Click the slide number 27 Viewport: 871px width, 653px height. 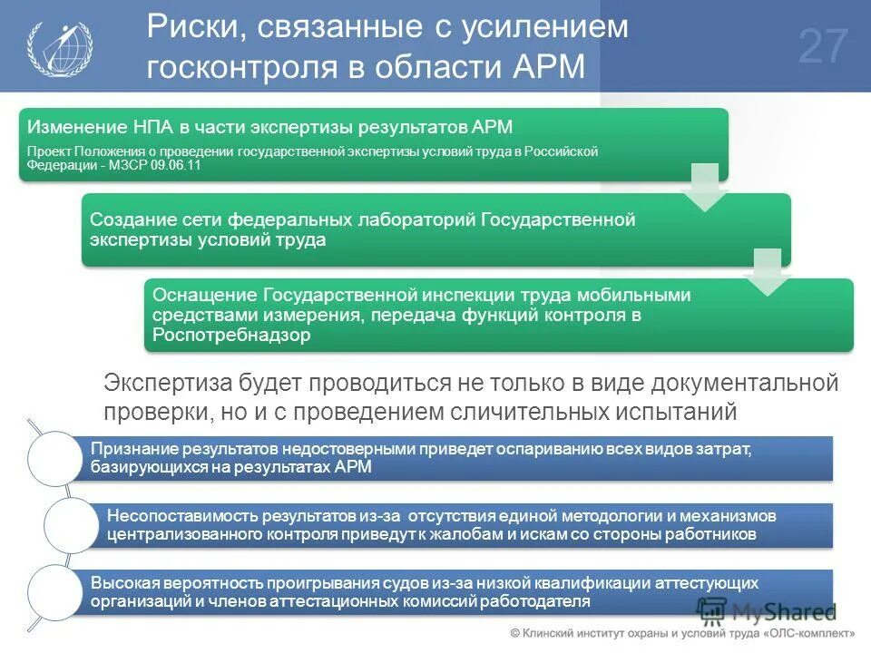pos(824,47)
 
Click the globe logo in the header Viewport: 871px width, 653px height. pos(58,47)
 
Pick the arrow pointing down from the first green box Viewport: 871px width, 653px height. pos(704,186)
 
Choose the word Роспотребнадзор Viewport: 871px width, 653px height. pos(231,335)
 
